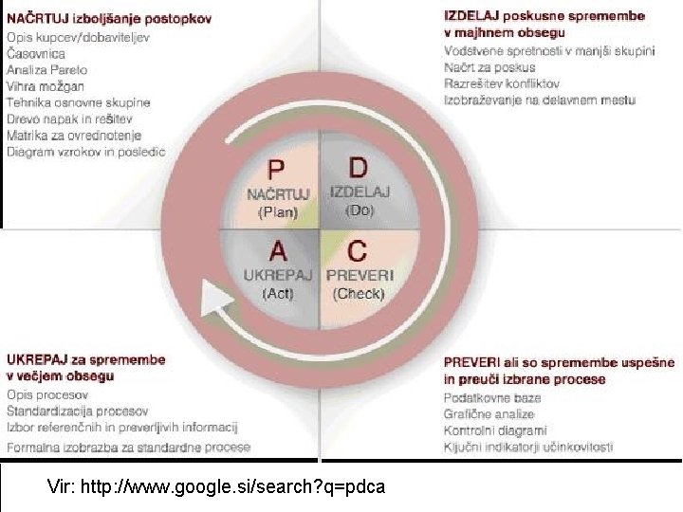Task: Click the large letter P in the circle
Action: [x=276, y=170]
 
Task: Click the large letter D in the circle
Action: [x=358, y=168]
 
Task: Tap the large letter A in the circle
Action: [x=278, y=250]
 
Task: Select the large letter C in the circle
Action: [x=358, y=251]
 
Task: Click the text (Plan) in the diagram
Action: [x=278, y=213]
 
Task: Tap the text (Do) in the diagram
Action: [x=360, y=210]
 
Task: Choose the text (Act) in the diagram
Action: [x=278, y=293]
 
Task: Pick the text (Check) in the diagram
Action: [x=359, y=293]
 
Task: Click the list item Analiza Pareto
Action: [x=46, y=69]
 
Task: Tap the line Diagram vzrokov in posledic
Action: [x=85, y=152]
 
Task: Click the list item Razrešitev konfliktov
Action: [x=501, y=83]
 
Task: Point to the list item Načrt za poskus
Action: [x=489, y=67]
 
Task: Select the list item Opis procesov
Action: [x=47, y=394]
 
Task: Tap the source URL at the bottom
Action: [x=215, y=488]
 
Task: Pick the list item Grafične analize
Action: [x=489, y=413]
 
